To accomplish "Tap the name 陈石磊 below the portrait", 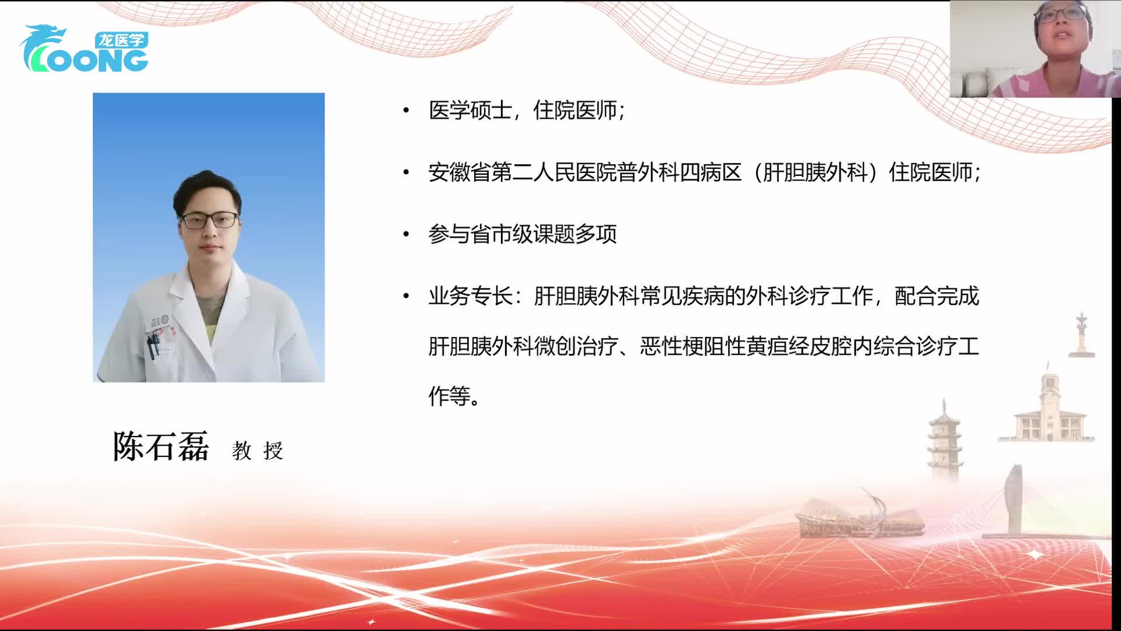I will pos(161,448).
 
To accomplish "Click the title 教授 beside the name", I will pos(257,451).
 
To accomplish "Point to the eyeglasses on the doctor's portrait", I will pos(209,221).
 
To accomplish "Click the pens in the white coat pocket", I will pos(153,345).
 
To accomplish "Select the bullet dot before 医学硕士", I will pos(406,110).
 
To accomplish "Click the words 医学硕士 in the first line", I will pos(470,110).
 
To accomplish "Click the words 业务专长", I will pos(470,297).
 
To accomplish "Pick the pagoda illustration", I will pos(944,441).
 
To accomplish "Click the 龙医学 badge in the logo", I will pos(121,40).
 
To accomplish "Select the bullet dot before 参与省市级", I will pos(406,235).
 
